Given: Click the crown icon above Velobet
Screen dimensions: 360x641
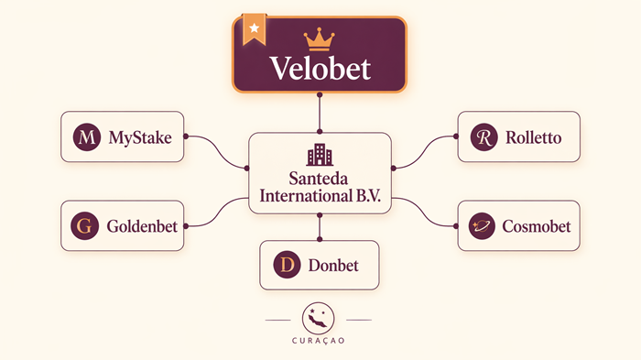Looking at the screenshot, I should [320, 39].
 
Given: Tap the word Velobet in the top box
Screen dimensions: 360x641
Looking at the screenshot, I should [320, 69].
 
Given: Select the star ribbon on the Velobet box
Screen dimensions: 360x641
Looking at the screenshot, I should [254, 29].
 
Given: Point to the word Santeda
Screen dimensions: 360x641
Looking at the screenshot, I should [320, 179].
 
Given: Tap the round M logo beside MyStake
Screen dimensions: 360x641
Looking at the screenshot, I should [86, 138].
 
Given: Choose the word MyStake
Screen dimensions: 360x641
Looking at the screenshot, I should [139, 138].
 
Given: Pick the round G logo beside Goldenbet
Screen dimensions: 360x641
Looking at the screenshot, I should [86, 224].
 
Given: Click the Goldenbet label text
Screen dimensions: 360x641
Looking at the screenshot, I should [142, 224].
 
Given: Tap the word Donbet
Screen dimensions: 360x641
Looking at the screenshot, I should [333, 266].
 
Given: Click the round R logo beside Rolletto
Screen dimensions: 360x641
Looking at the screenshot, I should [483, 138].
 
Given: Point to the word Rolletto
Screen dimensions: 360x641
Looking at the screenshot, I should [532, 138].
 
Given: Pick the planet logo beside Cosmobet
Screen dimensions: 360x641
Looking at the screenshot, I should [482, 225].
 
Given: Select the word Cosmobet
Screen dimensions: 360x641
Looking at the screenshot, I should [536, 225].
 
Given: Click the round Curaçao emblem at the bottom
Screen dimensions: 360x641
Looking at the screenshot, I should [319, 318].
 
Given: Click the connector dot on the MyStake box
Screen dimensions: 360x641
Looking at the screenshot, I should [185, 137].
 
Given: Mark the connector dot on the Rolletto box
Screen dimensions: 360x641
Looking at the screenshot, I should [457, 137].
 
